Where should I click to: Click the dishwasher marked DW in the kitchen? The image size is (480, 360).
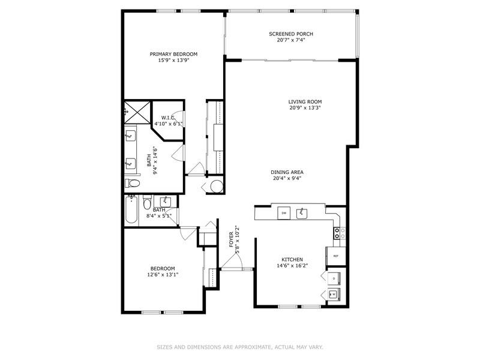point(284,213)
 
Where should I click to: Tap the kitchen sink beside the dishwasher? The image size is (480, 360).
point(302,214)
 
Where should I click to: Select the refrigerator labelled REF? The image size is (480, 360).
point(336,256)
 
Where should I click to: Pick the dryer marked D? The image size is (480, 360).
point(334,278)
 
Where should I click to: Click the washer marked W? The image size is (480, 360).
point(334,294)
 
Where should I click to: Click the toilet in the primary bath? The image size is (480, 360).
point(132,184)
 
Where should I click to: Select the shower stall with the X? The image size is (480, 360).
point(137,112)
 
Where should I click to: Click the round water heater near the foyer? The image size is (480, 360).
point(217,186)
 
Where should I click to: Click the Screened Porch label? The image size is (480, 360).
point(291,34)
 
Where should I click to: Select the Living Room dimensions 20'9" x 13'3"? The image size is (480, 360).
point(305,108)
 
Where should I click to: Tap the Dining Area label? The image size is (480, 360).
point(287,172)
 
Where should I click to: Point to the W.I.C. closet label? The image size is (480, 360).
point(169,118)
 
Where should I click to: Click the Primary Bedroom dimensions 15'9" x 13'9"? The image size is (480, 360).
point(173,61)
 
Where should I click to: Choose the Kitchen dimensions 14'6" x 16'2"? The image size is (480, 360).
point(292,266)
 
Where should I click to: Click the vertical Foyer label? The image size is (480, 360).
point(231,239)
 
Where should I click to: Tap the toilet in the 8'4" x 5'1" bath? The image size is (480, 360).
point(147,202)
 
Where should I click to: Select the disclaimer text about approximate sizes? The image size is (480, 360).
point(240,347)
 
